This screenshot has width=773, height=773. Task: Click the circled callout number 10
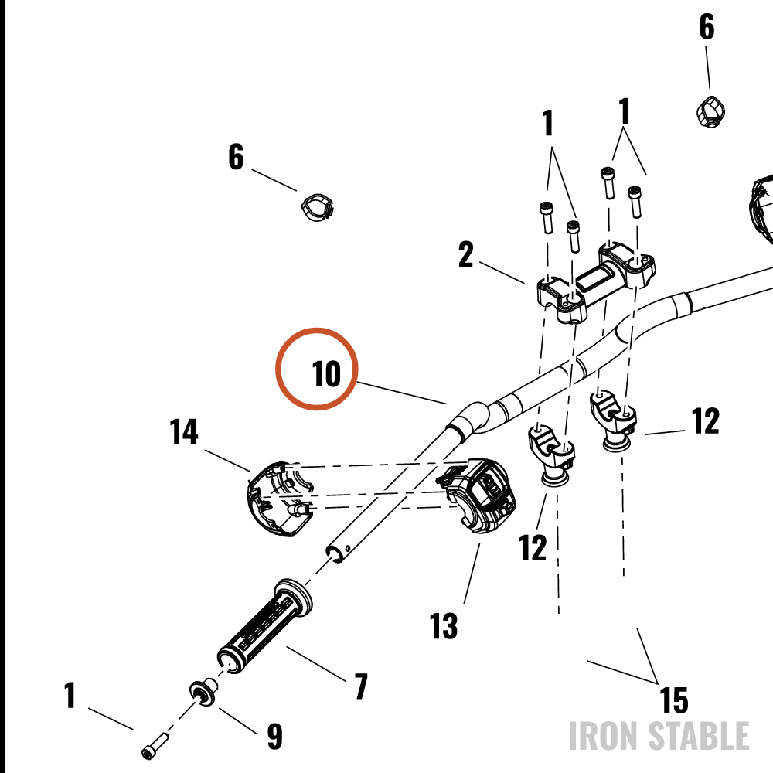click(326, 373)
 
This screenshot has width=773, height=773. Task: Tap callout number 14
click(184, 432)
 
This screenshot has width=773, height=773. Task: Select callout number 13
click(444, 625)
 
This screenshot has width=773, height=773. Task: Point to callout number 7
click(361, 686)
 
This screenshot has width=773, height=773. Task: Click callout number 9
click(274, 736)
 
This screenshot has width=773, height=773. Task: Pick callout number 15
click(674, 700)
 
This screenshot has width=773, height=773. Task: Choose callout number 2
click(466, 254)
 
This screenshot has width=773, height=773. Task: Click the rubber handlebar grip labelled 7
click(264, 625)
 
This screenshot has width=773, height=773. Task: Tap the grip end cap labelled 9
click(203, 692)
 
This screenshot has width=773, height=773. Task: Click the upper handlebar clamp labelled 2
click(595, 284)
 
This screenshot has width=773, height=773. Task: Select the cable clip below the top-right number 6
click(710, 111)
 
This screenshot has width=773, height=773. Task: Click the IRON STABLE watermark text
click(659, 736)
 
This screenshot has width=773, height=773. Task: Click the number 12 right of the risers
click(705, 421)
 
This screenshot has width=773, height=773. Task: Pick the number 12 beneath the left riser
click(533, 547)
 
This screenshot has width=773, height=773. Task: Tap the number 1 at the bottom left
click(70, 695)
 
